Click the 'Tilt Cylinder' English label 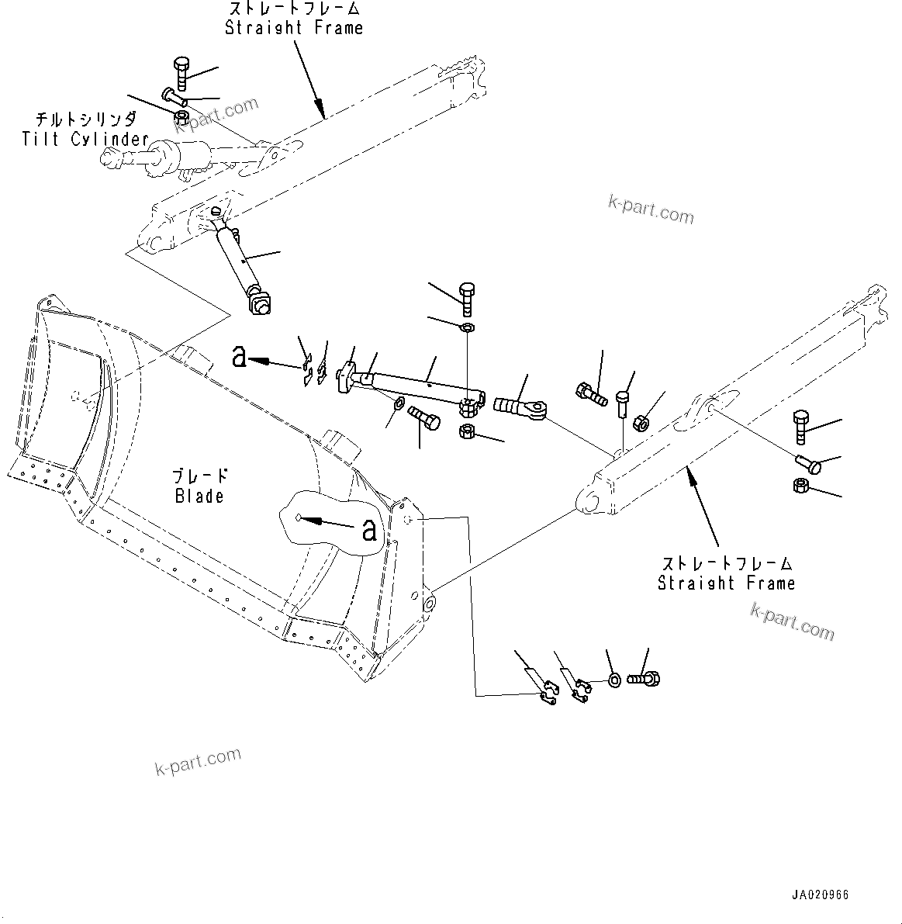coord(85,140)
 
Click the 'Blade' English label coord(199,497)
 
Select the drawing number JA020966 coord(820,895)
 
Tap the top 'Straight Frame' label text coord(293,28)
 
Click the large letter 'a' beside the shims coord(240,357)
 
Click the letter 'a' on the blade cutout coord(369,531)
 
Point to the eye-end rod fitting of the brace coord(520,406)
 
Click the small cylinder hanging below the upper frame coord(242,263)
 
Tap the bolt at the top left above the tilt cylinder coord(181,73)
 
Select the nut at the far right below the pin coord(802,486)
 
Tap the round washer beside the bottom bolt coord(613,680)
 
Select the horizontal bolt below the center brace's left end coord(423,419)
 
